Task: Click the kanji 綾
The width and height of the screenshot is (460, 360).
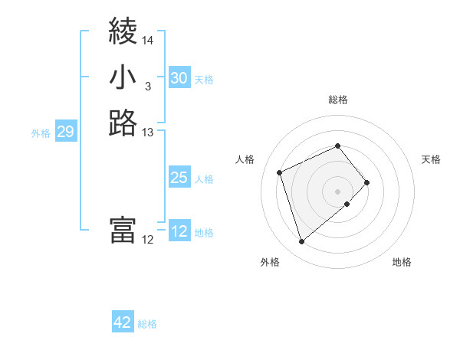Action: [123, 32]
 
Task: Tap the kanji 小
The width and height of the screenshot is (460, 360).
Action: [123, 77]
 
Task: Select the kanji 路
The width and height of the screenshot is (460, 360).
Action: [123, 123]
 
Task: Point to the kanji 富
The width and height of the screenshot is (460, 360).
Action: [123, 231]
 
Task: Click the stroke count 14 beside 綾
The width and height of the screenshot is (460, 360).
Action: [148, 41]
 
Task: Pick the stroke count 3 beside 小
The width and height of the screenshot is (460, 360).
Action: [148, 87]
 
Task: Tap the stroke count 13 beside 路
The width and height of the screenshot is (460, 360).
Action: [148, 133]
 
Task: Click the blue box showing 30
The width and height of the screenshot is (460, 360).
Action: [179, 78]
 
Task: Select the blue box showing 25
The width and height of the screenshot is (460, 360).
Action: [179, 178]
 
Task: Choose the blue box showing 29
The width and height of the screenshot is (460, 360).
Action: [65, 133]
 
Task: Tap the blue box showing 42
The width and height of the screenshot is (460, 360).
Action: [123, 322]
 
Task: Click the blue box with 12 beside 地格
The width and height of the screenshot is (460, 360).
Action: [179, 231]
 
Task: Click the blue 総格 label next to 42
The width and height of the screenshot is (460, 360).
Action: [147, 324]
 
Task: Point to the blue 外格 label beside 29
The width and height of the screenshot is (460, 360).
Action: [41, 133]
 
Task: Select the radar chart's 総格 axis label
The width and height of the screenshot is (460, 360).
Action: [338, 100]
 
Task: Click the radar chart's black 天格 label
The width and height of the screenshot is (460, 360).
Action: [431, 159]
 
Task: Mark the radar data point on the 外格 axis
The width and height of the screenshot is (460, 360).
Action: [302, 242]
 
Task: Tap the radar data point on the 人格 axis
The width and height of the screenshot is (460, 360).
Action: [281, 172]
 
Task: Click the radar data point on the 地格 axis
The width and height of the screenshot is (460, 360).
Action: [347, 204]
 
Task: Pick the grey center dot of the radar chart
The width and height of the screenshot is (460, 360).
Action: [338, 190]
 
